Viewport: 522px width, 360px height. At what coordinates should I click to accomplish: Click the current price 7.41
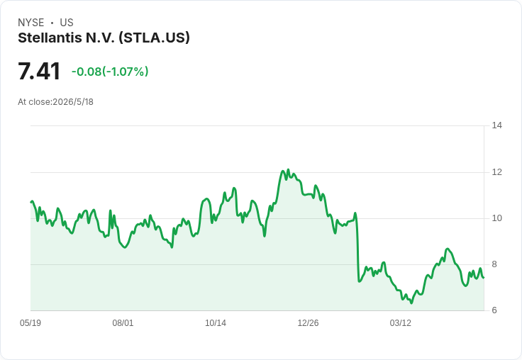click(39, 71)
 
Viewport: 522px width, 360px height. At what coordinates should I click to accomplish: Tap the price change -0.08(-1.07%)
click(110, 72)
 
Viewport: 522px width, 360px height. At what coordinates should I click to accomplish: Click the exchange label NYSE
click(31, 23)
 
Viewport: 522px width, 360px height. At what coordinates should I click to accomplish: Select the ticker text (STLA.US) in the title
click(154, 38)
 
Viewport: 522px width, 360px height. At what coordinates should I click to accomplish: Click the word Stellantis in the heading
click(50, 38)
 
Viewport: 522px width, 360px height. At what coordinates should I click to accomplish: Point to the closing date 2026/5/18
click(73, 102)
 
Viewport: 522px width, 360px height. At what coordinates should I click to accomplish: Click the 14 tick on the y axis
click(496, 125)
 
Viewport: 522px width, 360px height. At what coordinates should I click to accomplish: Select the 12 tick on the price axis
click(496, 172)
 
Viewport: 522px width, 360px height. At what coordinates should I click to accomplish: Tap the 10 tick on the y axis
click(496, 218)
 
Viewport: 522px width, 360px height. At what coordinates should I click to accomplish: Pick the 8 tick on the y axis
click(494, 264)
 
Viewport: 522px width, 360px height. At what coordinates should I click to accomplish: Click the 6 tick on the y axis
click(494, 310)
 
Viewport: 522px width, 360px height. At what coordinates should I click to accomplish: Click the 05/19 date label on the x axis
click(30, 323)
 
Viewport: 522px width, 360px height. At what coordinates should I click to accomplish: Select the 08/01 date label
click(123, 323)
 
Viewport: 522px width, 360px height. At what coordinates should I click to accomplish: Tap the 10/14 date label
click(216, 323)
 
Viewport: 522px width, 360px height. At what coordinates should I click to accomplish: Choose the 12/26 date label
click(308, 323)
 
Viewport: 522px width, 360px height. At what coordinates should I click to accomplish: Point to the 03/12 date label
click(401, 323)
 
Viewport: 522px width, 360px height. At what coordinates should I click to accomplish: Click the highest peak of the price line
click(288, 169)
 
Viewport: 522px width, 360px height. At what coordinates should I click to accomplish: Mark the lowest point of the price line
click(411, 303)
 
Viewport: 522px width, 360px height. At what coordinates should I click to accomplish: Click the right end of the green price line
click(484, 278)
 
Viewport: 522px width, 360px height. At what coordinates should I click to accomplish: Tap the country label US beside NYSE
click(67, 23)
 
